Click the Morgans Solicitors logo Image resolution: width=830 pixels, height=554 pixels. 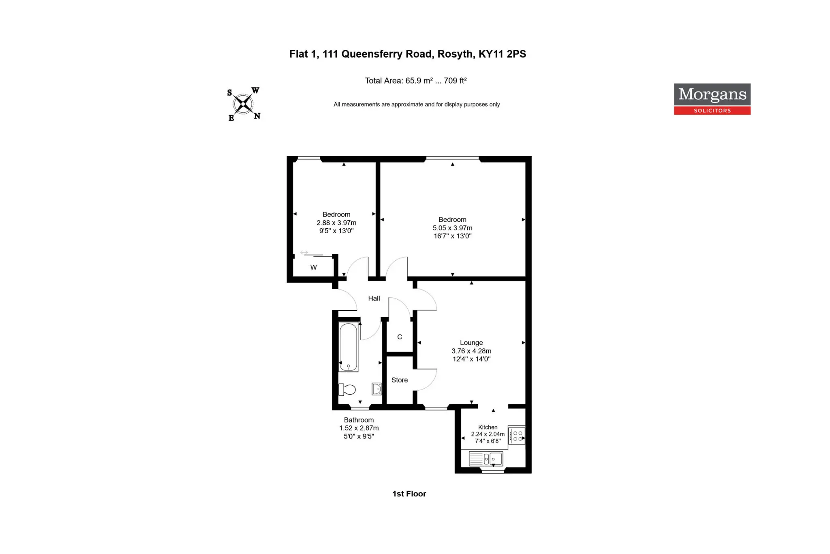click(712, 99)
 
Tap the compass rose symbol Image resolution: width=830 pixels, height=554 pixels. click(243, 104)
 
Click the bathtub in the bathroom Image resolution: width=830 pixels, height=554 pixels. click(349, 347)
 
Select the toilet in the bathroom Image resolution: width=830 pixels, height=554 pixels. click(347, 390)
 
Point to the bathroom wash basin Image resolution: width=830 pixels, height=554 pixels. click(376, 389)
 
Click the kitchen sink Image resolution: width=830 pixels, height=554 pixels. click(486, 459)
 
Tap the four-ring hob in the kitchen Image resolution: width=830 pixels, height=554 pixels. click(517, 436)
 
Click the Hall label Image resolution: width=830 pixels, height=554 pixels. click(374, 298)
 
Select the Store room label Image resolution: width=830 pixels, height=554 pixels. click(400, 380)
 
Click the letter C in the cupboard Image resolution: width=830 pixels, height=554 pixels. click(400, 337)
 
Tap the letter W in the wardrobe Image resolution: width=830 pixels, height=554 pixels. click(314, 267)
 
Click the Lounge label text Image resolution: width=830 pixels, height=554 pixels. click(471, 343)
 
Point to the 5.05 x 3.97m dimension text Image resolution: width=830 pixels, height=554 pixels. click(452, 228)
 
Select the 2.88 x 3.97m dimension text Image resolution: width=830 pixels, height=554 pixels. click(336, 223)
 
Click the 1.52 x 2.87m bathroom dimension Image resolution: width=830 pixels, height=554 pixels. click(359, 428)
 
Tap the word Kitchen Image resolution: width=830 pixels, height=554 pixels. click(488, 427)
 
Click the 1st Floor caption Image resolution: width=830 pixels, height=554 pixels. click(409, 494)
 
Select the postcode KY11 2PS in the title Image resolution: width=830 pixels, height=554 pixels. click(502, 54)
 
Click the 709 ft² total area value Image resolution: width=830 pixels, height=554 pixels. click(455, 81)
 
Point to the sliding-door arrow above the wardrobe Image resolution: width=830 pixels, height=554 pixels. click(304, 253)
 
